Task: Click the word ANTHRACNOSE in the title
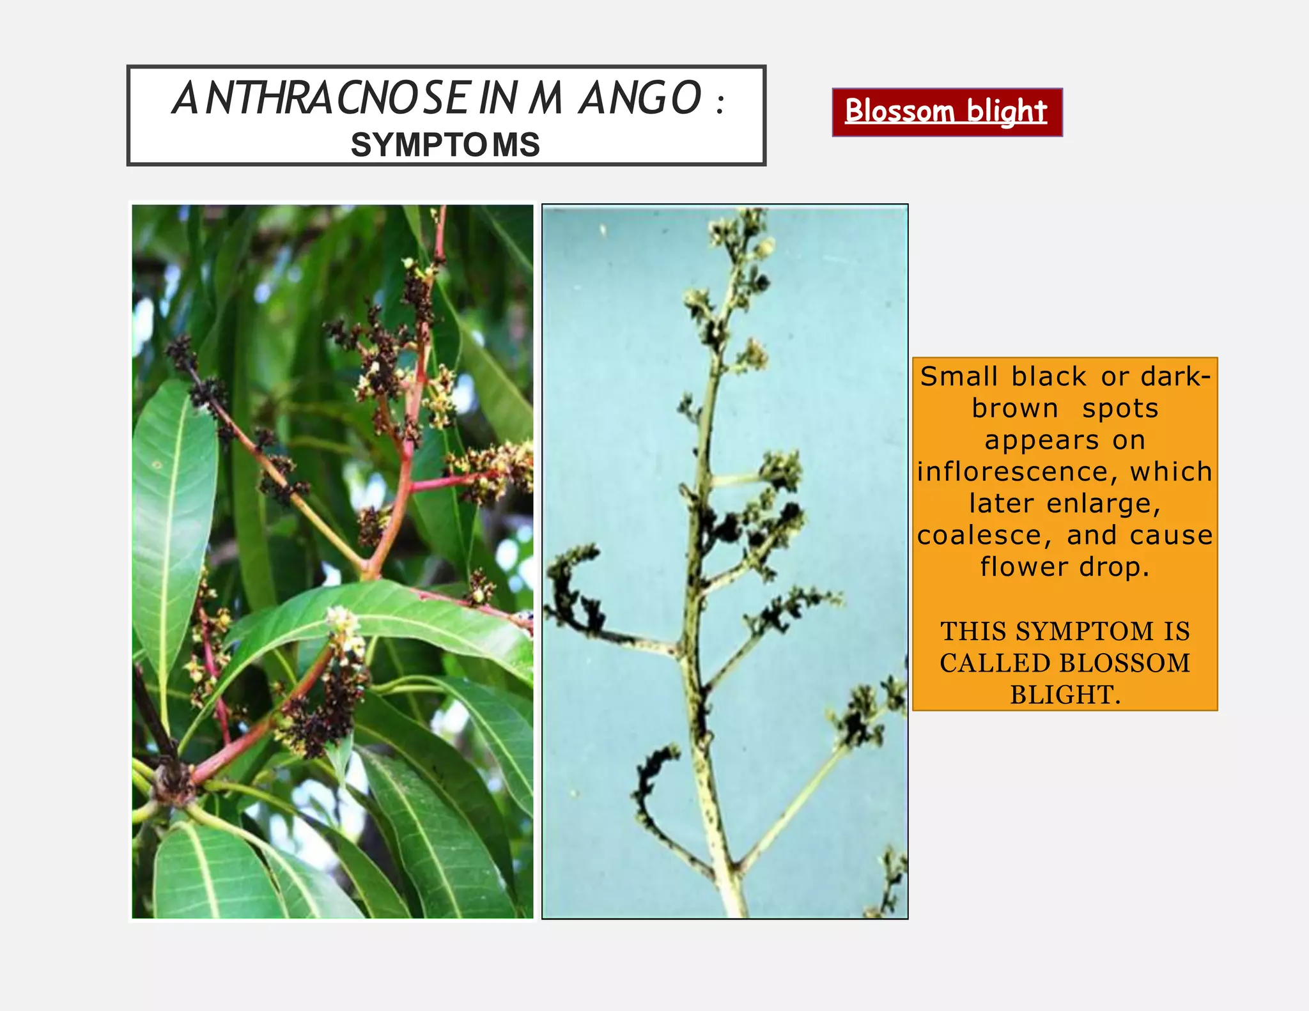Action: (x=322, y=99)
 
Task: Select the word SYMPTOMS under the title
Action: (x=445, y=145)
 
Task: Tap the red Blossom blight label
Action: (x=947, y=112)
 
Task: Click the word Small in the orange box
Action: (x=959, y=376)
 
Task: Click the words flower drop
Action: (x=1065, y=567)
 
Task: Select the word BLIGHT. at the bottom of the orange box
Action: (x=1065, y=694)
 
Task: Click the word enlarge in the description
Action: (x=1104, y=504)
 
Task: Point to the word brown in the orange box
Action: (x=1015, y=408)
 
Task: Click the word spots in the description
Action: (x=1120, y=408)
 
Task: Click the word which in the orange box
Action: (x=1172, y=472)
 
